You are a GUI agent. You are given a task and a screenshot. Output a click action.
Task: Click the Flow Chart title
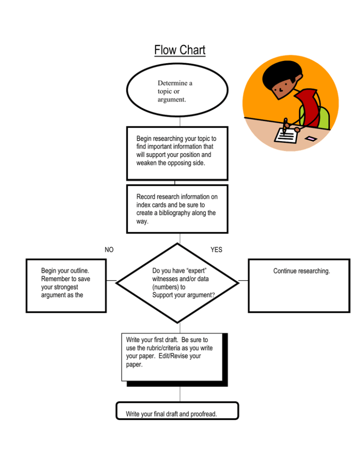click(180, 50)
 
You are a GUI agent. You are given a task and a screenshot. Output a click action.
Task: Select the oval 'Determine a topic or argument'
click(177, 90)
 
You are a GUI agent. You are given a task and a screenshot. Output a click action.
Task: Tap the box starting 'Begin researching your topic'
click(177, 153)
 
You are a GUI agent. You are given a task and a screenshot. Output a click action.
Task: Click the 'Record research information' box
click(177, 209)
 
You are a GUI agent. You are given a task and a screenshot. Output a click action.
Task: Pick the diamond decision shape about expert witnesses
click(178, 283)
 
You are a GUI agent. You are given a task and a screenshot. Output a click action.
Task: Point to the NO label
click(109, 249)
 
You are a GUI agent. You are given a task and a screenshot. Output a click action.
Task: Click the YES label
click(217, 249)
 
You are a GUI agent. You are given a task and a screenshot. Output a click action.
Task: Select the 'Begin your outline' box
click(66, 286)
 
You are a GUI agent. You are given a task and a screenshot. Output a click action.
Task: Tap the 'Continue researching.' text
click(301, 271)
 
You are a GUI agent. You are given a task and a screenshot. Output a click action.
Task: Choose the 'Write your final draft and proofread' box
click(177, 411)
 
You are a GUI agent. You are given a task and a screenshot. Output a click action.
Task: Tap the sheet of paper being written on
click(286, 135)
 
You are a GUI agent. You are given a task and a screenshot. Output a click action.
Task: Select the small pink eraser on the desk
click(310, 138)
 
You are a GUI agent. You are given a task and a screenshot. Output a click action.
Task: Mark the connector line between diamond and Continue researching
click(243, 280)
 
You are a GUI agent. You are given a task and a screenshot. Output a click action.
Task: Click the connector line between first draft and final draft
click(180, 394)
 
